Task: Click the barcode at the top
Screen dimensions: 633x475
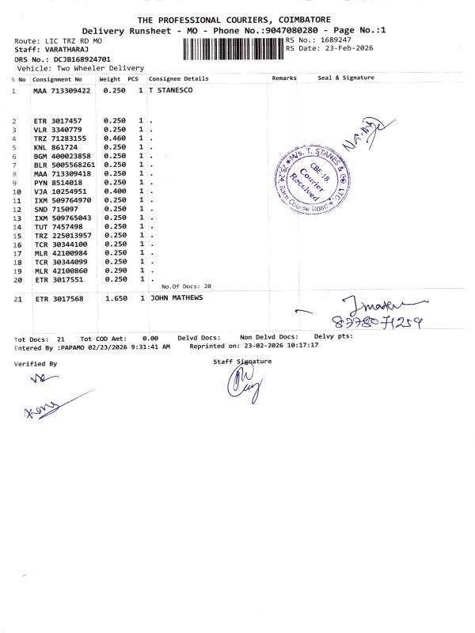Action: tap(233, 50)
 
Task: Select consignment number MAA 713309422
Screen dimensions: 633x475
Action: tap(62, 91)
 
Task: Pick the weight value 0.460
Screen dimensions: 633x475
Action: tap(116, 138)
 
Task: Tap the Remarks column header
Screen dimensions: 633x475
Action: tap(284, 78)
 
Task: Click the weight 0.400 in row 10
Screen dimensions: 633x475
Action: tap(116, 191)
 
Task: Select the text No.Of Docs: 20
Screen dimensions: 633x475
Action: tap(187, 286)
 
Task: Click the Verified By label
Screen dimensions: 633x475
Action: tap(36, 364)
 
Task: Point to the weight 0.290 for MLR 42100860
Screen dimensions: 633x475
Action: tap(116, 270)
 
